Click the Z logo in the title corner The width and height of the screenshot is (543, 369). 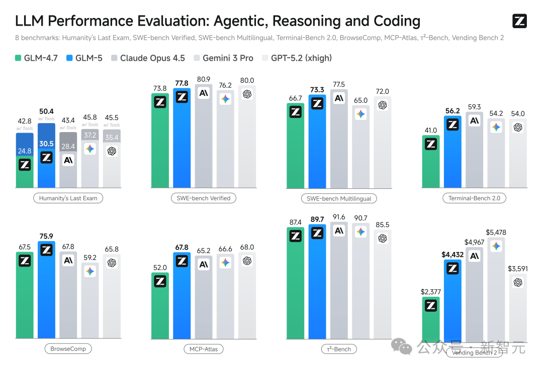coord(519,21)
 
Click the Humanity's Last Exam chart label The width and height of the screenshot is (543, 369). coord(68,198)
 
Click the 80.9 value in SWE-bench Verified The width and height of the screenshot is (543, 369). coord(204,79)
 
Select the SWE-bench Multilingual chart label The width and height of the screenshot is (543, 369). coord(339,198)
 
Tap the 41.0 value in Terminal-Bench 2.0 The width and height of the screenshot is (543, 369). coord(431,130)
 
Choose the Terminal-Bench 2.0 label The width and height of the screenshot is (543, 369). coord(474,198)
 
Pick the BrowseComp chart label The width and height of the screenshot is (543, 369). coord(68,348)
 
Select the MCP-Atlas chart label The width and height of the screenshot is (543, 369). coord(204,348)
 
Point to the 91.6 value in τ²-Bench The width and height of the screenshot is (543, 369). coord(339,217)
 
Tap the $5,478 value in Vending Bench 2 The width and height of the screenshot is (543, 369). coord(496,232)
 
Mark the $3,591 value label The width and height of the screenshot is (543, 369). coord(518,269)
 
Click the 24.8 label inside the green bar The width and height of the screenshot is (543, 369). coord(25,150)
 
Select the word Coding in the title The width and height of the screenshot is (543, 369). coord(397,21)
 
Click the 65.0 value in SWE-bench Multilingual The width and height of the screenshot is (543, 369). coord(361,100)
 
